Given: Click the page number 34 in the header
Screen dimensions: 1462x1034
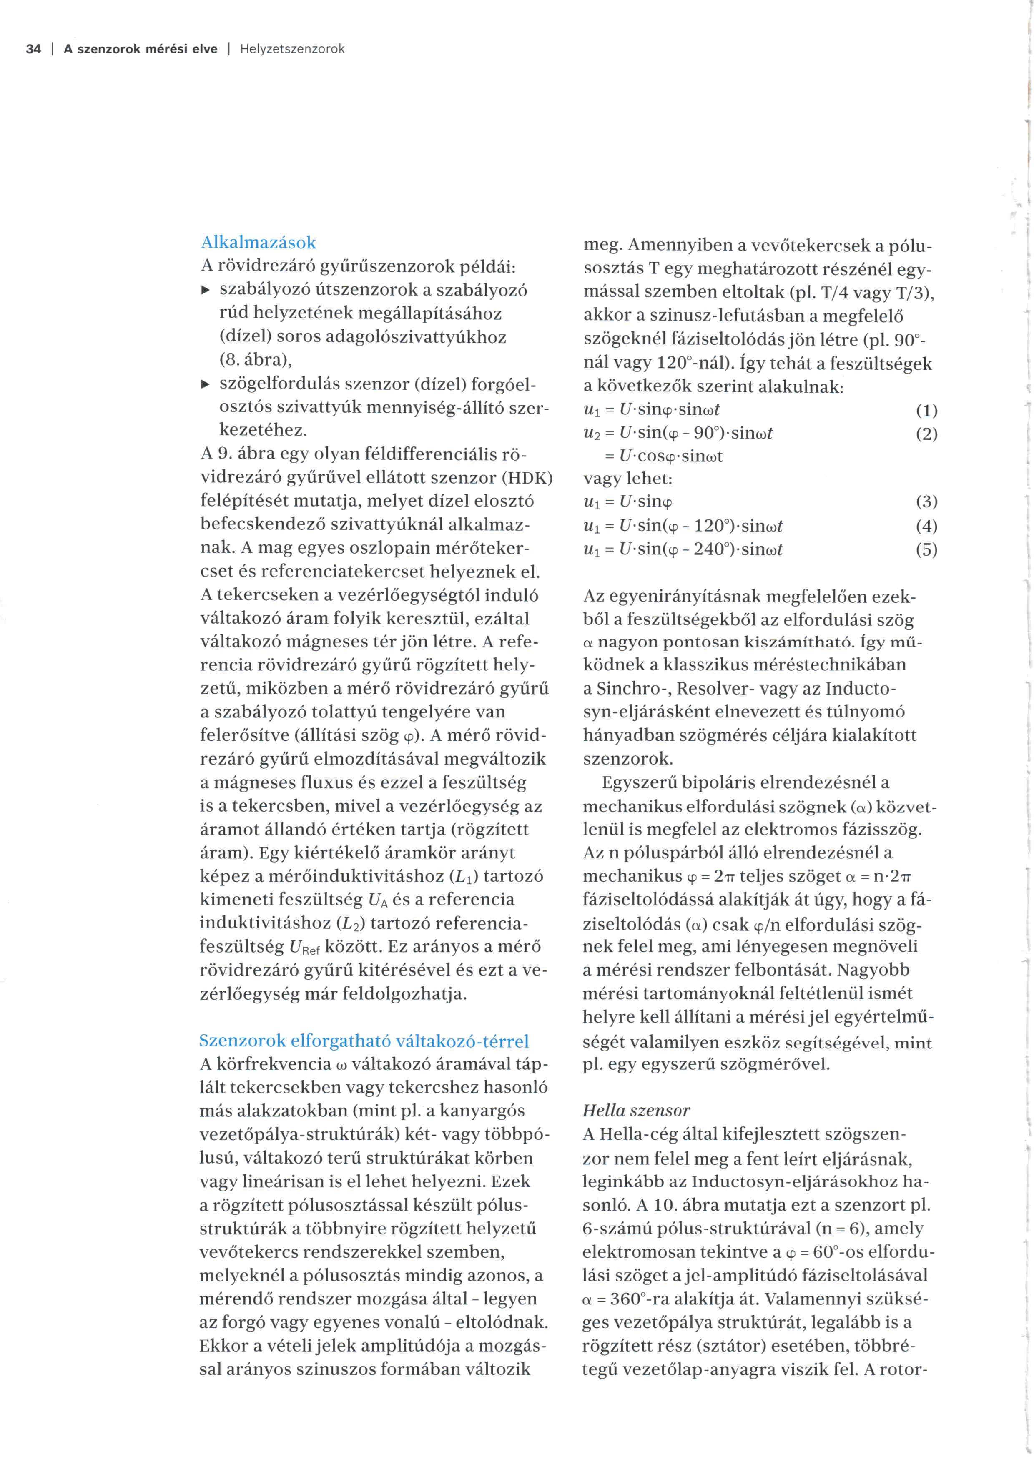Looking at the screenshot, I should click(33, 49).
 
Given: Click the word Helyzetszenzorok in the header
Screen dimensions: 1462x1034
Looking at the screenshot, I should click(292, 49).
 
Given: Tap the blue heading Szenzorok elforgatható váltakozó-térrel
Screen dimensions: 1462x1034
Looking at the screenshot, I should click(364, 1041).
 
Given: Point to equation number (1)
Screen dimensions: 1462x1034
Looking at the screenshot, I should click(926, 411).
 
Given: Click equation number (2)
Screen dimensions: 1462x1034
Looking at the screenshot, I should click(926, 434).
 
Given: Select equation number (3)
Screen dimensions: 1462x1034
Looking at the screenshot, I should click(926, 502).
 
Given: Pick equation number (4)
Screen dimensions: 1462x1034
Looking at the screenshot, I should click(926, 527).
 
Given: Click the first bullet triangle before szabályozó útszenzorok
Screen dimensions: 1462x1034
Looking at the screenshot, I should click(205, 291).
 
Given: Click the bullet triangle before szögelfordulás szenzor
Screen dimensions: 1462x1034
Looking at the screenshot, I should click(205, 384).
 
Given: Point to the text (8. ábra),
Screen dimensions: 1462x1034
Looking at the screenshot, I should click(255, 361).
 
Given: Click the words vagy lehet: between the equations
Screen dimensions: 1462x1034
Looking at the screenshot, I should click(628, 479).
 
